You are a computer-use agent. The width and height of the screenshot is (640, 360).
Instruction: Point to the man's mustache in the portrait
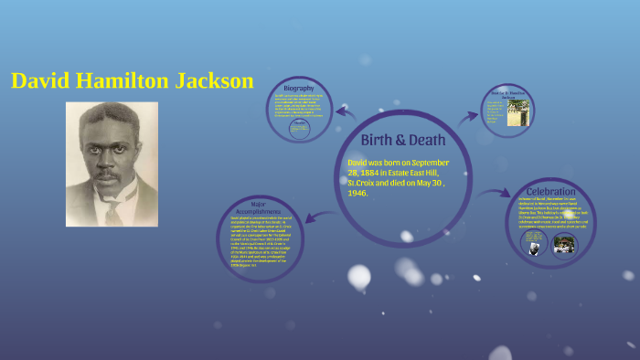point(111,171)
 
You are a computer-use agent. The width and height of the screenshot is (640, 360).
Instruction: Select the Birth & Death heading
point(403,140)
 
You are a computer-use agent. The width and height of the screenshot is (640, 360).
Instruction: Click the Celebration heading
point(551,191)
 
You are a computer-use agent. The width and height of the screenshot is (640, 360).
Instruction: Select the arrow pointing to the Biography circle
point(346,113)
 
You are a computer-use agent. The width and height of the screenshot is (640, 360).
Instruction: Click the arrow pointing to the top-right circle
point(468,116)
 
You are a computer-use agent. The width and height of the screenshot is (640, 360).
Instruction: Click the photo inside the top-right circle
point(517,112)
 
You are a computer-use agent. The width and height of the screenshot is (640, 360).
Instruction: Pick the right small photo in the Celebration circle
point(564,244)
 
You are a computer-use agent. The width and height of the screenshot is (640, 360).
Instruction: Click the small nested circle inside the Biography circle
point(299,129)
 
